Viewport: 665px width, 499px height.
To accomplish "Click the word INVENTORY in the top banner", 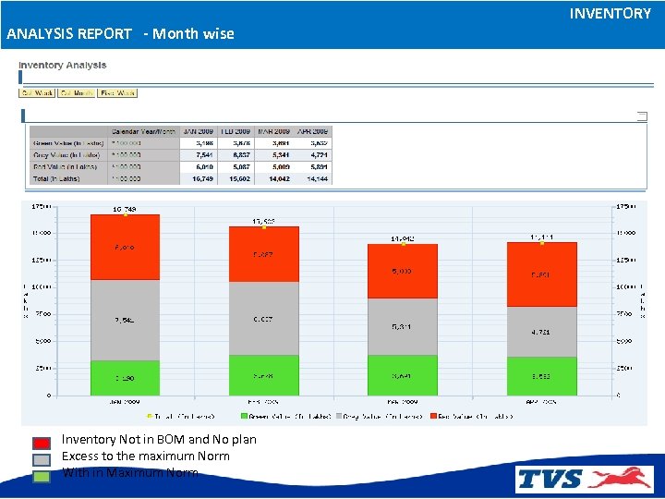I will click(x=610, y=14).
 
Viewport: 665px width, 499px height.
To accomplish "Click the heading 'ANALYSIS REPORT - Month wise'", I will click(x=120, y=34).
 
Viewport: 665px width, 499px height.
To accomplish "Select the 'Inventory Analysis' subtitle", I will click(x=63, y=66).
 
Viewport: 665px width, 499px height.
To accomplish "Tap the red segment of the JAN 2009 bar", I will click(x=125, y=248).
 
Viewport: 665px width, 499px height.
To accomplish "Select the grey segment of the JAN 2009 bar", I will click(x=125, y=320).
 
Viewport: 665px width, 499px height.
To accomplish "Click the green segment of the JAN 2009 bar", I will click(x=125, y=378).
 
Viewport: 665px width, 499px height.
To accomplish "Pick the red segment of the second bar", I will click(x=263, y=254).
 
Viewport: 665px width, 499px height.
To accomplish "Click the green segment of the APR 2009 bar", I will click(x=541, y=377).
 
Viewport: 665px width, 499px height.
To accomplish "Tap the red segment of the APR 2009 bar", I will click(x=541, y=274).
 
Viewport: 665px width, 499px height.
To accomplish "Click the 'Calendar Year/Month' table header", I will click(x=143, y=131).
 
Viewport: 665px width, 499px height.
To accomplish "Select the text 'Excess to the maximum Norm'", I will click(x=145, y=456).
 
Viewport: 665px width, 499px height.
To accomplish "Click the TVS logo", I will click(x=584, y=478).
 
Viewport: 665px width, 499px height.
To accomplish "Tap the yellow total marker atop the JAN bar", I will click(x=126, y=215).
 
